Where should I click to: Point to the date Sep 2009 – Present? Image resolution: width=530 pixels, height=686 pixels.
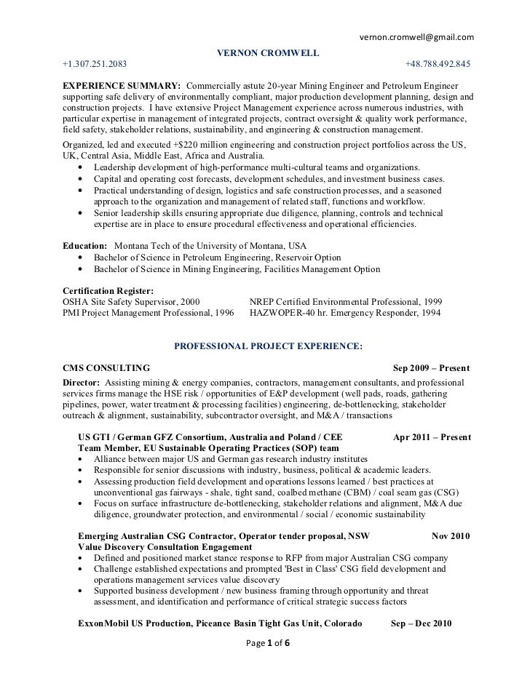pos(431,369)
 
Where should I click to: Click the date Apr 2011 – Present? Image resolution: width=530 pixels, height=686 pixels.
pos(431,438)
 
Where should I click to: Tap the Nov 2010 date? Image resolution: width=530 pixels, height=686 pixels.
pos(451,536)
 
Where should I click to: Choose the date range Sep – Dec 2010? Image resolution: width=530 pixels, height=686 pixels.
pos(422,623)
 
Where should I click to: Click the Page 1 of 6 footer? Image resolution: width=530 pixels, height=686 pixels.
pos(269,645)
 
